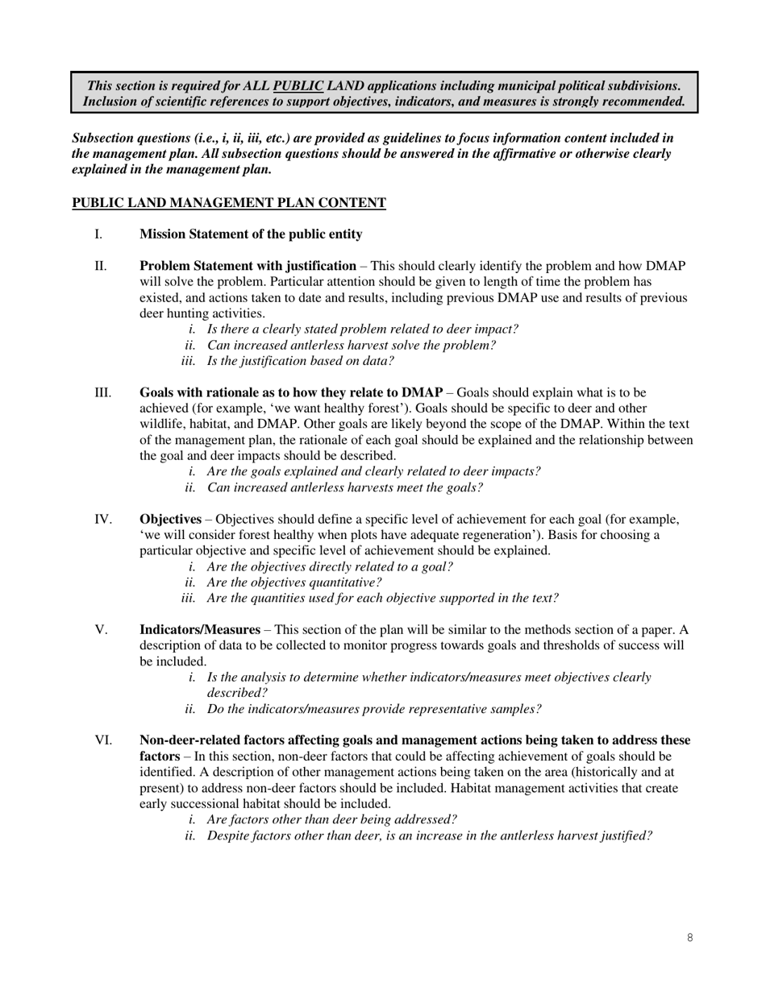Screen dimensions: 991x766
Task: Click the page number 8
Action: pyautogui.click(x=690, y=937)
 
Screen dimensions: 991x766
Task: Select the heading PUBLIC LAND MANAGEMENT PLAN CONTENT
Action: pyautogui.click(x=229, y=203)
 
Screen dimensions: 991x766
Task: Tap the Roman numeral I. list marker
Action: pyautogui.click(x=98, y=234)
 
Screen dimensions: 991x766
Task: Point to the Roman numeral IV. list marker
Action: pyautogui.click(x=103, y=519)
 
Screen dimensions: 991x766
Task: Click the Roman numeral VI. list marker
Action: pyautogui.click(x=103, y=740)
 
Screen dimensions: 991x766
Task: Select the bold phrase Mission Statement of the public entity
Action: pyautogui.click(x=251, y=234)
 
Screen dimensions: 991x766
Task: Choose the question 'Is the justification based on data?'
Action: pyautogui.click(x=301, y=361)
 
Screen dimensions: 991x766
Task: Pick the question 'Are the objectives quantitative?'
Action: pyautogui.click(x=294, y=583)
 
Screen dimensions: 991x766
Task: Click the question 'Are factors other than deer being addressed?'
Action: pyautogui.click(x=332, y=820)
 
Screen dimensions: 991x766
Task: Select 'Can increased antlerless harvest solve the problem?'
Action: pyautogui.click(x=352, y=345)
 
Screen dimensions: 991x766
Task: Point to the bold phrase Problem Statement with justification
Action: pyautogui.click(x=248, y=266)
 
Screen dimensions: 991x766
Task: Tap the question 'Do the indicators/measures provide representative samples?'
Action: pyautogui.click(x=374, y=709)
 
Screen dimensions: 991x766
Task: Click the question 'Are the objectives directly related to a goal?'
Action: pyautogui.click(x=330, y=566)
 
